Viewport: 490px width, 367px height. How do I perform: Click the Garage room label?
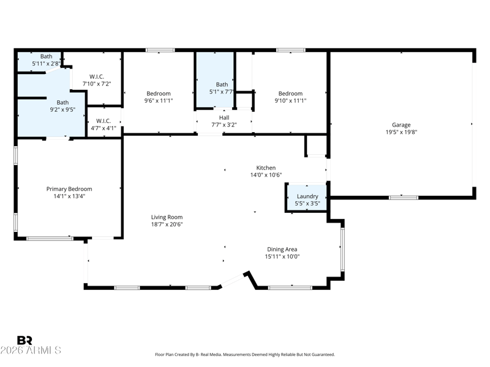(401, 125)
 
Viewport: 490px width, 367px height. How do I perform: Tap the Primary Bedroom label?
(69, 189)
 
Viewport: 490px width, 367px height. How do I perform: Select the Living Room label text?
(167, 217)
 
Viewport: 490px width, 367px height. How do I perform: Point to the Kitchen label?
(266, 168)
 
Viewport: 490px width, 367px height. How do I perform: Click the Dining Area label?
(282, 250)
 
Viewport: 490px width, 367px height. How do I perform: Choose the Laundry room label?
(307, 196)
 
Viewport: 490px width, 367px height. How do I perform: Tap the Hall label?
(224, 117)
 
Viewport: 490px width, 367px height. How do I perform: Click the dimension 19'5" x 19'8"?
(401, 132)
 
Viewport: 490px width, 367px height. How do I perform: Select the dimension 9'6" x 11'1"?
(159, 100)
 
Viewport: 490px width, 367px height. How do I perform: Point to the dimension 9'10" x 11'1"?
(290, 100)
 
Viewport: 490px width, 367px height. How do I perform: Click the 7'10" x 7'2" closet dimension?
(97, 84)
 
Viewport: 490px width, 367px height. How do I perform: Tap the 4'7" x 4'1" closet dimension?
(104, 128)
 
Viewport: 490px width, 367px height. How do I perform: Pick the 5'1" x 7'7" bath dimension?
(222, 92)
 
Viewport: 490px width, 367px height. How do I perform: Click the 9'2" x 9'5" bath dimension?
(62, 109)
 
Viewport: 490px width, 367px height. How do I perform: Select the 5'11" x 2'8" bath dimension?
(47, 64)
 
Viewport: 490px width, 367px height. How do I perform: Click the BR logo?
(24, 340)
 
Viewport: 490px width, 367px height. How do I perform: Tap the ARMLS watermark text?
(31, 350)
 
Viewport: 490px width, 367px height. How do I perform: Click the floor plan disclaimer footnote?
(245, 355)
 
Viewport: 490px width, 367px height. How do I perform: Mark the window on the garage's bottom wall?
(404, 198)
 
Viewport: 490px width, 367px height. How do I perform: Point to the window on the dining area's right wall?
(342, 250)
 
